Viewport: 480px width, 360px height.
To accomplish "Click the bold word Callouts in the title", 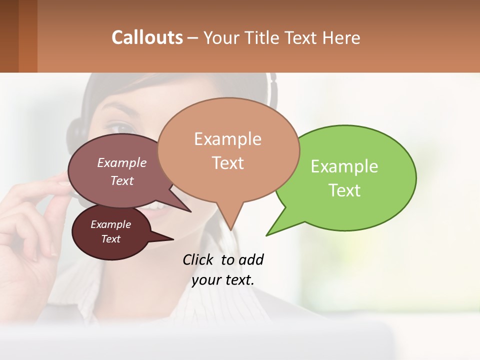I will coord(147,37).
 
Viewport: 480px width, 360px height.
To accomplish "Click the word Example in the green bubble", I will coord(344,166).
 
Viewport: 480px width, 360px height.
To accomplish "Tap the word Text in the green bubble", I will coord(344,190).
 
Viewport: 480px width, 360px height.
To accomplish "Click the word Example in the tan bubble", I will coord(227,139).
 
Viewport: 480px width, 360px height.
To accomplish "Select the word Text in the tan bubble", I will coord(227,163).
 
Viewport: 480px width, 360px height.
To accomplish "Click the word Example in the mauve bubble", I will coord(122,163).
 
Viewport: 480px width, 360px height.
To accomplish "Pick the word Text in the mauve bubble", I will coord(122,180).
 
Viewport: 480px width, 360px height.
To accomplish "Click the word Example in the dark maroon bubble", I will coord(111,224).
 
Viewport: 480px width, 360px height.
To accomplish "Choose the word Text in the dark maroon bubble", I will coord(111,239).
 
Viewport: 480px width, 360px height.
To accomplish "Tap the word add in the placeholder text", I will coord(251,259).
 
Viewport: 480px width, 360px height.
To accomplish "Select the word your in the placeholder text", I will coord(205,280).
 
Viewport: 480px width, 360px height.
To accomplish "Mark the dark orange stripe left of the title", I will coord(27,36).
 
